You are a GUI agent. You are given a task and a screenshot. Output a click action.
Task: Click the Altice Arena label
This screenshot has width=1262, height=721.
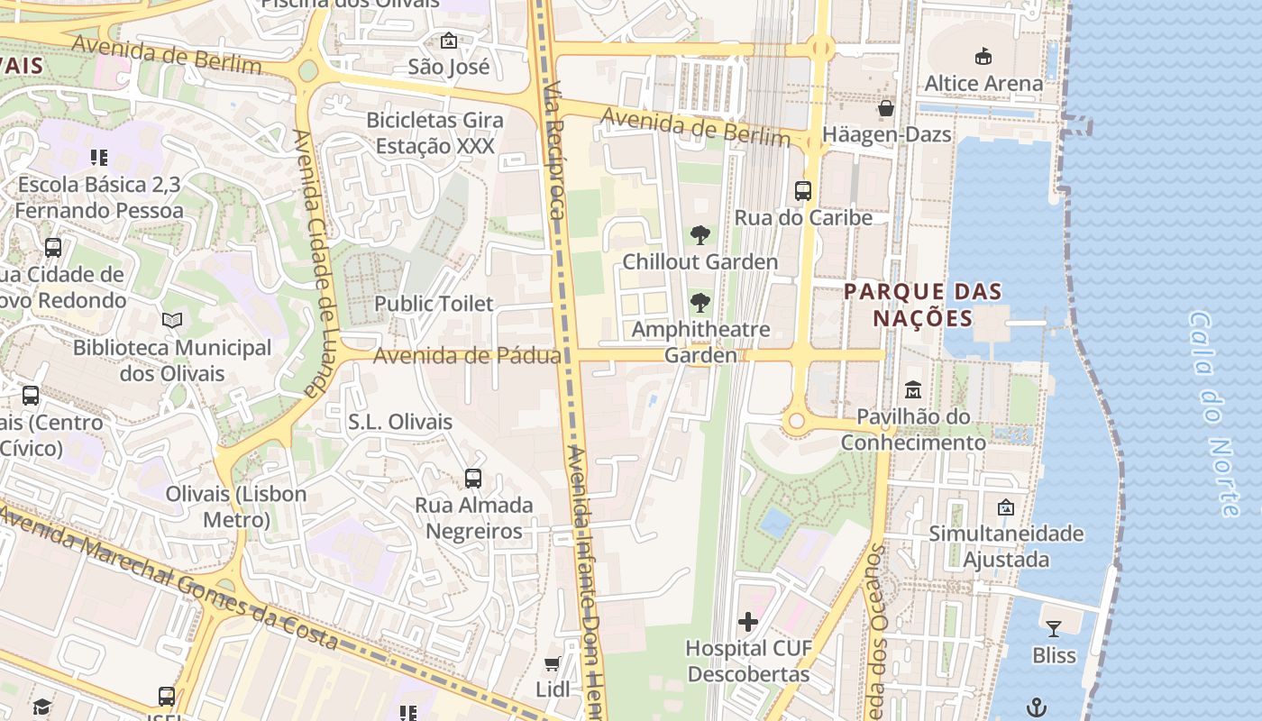coord(983,83)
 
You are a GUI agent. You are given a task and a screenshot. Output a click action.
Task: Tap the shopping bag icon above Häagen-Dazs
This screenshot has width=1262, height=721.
coord(886,109)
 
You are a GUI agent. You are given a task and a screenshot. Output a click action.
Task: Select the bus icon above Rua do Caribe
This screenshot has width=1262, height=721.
coord(803,191)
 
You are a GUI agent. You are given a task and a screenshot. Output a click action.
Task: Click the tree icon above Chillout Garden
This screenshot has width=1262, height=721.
coord(700,236)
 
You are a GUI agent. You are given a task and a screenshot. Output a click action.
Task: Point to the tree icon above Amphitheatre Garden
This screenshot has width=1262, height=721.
coord(700,303)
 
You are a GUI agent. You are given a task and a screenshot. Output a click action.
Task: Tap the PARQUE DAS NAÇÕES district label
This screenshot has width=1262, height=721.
coord(923,305)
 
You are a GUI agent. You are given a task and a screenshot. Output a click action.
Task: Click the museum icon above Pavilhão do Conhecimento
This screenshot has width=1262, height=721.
coord(913,390)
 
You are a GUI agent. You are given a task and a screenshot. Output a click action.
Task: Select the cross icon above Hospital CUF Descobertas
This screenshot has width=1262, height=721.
coord(748,622)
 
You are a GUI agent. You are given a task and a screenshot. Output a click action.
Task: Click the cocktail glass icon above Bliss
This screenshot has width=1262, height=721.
coord(1053,628)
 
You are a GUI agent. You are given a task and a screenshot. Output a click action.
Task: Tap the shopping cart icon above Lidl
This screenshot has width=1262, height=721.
coord(553,663)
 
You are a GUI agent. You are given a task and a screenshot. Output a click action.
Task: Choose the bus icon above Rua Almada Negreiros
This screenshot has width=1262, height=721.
coord(473,479)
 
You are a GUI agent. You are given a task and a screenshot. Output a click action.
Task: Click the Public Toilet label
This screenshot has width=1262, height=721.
coord(434,304)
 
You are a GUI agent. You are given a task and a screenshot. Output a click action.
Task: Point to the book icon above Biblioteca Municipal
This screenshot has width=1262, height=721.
coord(172,320)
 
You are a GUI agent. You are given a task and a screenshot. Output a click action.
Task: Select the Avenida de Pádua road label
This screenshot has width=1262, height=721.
coord(466,356)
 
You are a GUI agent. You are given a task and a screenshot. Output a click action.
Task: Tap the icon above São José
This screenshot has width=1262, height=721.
coord(448,41)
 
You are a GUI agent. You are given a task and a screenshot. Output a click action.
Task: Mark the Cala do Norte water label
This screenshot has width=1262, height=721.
coord(1215,415)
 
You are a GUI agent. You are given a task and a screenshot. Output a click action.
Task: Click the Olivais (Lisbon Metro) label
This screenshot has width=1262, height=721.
coord(235,507)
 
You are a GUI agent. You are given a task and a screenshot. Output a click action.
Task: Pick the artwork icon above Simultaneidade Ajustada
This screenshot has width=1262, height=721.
coord(1006,507)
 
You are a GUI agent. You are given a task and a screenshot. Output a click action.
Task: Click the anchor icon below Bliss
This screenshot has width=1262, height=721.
coord(1038,707)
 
